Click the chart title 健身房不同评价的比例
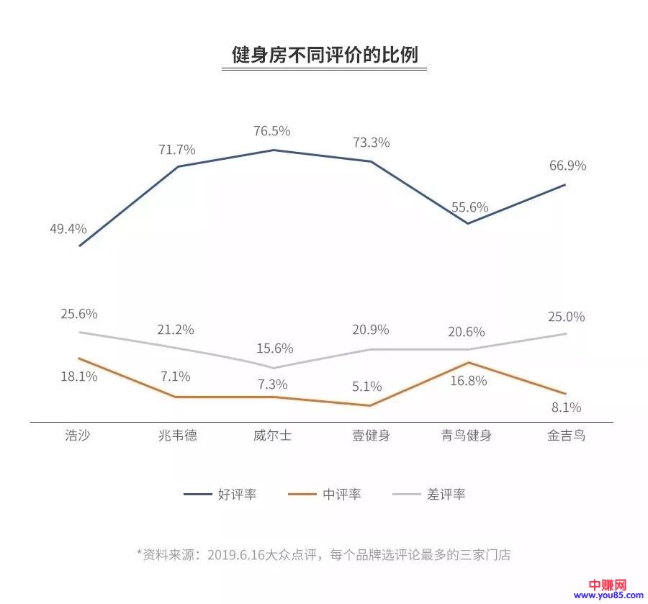tap(324, 55)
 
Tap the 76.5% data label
tap(272, 131)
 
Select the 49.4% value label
tap(68, 229)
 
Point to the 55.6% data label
tap(470, 207)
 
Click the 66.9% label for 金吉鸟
tap(567, 166)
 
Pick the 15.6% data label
tap(275, 348)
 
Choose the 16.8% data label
tap(469, 381)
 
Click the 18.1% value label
tap(79, 377)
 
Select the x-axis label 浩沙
tap(78, 436)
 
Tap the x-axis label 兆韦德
tap(176, 436)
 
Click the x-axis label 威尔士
tap(272, 436)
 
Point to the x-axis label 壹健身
tap(370, 436)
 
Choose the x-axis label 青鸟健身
tap(466, 436)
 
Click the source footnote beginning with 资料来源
tap(323, 554)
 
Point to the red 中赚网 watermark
tap(608, 584)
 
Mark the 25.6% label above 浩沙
tap(79, 314)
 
